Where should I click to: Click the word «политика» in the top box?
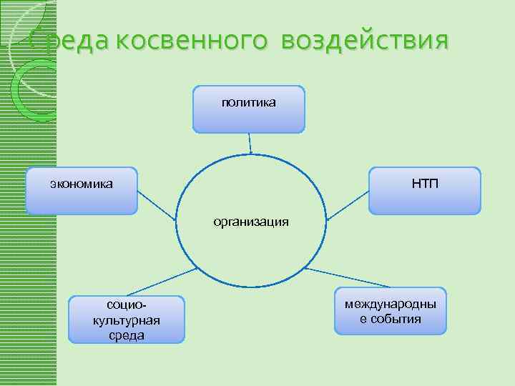[x=248, y=104]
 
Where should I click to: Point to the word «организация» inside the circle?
[x=250, y=222]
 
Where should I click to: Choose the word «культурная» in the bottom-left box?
[x=127, y=320]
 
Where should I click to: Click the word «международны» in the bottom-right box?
[x=390, y=305]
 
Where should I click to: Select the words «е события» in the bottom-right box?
[x=390, y=319]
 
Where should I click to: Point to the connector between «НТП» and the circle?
[x=347, y=202]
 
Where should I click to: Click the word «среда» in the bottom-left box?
[x=127, y=335]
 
